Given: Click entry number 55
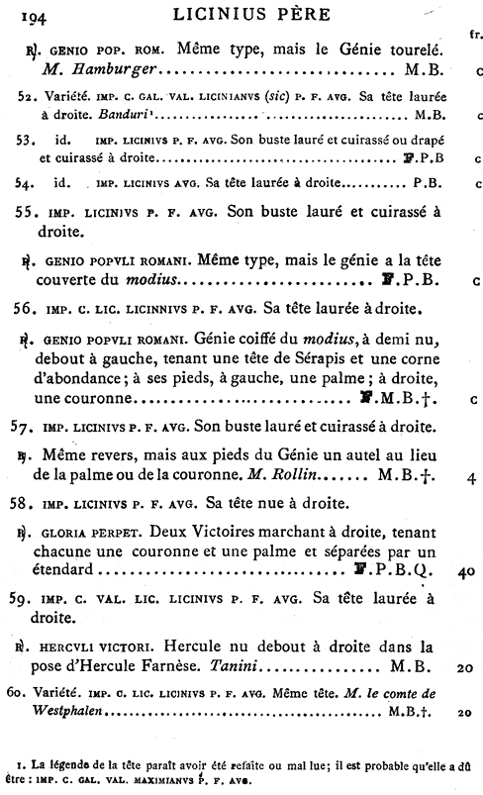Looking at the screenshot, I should (31, 212).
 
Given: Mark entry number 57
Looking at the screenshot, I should (31, 429).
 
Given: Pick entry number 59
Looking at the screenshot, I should (31, 598).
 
